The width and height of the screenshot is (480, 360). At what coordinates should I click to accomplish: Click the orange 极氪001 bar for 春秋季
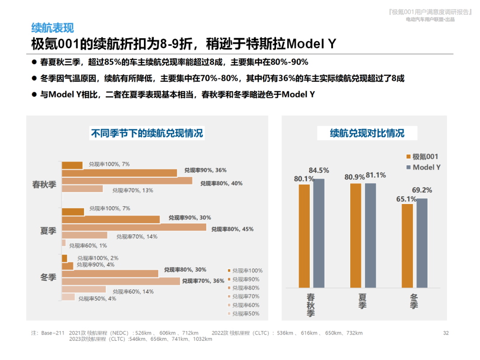click(304, 236)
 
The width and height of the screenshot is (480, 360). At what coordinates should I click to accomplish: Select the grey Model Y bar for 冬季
click(422, 243)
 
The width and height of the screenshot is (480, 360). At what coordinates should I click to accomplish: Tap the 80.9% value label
click(354, 177)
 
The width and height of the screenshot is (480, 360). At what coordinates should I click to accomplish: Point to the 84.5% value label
click(319, 170)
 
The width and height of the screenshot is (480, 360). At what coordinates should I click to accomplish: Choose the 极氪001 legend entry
click(422, 156)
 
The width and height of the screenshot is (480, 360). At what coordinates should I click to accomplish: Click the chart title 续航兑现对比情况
click(367, 133)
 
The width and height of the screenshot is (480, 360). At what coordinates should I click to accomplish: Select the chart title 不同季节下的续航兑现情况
click(147, 133)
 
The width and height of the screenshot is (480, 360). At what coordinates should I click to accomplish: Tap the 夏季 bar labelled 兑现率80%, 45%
click(134, 227)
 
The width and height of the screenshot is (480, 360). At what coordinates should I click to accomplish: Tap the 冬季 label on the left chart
click(48, 277)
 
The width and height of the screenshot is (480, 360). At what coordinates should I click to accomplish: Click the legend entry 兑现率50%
click(246, 314)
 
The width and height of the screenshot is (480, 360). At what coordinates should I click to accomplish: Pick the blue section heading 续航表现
click(52, 28)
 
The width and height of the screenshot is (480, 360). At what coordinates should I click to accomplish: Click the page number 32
click(446, 333)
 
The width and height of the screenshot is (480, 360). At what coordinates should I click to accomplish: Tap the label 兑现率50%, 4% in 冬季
click(97, 299)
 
